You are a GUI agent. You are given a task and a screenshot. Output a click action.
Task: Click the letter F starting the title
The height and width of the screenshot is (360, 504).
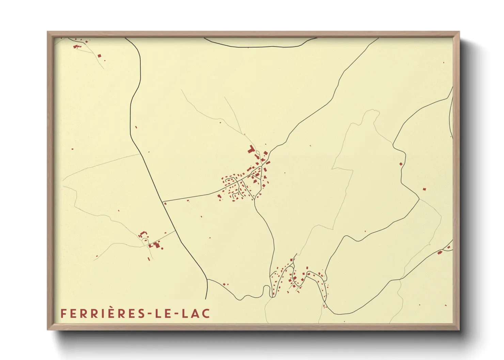[x=63, y=313]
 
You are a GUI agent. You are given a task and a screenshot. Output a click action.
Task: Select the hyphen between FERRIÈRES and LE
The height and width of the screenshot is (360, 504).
[x=149, y=314]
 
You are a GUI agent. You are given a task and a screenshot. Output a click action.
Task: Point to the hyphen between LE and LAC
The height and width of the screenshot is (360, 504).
[x=175, y=314]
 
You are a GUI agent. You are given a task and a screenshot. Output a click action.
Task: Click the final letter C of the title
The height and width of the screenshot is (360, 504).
[x=205, y=313]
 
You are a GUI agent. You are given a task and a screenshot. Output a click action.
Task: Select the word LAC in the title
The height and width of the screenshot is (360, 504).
[x=195, y=313]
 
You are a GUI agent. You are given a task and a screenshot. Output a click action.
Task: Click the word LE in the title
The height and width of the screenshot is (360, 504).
[x=162, y=313]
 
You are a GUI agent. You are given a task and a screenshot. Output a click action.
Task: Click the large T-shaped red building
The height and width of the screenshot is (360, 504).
[x=252, y=149]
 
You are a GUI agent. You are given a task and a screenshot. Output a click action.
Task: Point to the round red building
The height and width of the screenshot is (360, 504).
[x=162, y=248]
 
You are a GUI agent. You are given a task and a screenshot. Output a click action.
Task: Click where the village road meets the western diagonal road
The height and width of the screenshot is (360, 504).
[x=162, y=201]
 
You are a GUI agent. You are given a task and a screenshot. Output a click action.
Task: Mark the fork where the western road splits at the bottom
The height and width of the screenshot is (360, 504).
[x=207, y=280]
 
